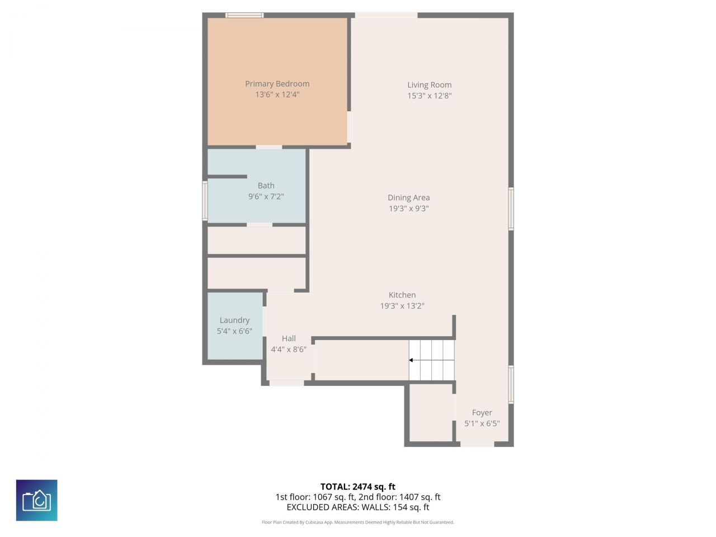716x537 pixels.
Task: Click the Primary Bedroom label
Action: point(277,84)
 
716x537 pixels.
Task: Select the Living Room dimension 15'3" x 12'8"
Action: point(429,96)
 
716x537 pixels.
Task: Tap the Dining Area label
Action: point(408,197)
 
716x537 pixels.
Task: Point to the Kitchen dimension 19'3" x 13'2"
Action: point(402,306)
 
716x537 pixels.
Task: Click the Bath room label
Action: point(266,186)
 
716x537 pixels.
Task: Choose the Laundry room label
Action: point(234,321)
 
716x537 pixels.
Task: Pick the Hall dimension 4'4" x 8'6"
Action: point(289,350)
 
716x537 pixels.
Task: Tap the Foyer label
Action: point(482,413)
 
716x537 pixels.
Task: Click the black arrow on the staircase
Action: point(412,361)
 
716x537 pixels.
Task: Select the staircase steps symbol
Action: point(432,360)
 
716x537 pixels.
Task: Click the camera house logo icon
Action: point(37,500)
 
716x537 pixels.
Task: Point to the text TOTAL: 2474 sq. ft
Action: point(357,487)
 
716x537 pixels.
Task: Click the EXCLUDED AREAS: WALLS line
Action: point(357,507)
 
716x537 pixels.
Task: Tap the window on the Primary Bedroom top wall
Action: point(244,15)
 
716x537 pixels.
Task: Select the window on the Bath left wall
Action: point(205,200)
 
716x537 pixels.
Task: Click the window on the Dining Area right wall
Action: point(511,209)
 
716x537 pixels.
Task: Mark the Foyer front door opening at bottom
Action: point(477,444)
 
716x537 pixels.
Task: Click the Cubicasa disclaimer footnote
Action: point(357,522)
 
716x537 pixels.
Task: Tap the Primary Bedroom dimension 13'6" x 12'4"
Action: point(277,95)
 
